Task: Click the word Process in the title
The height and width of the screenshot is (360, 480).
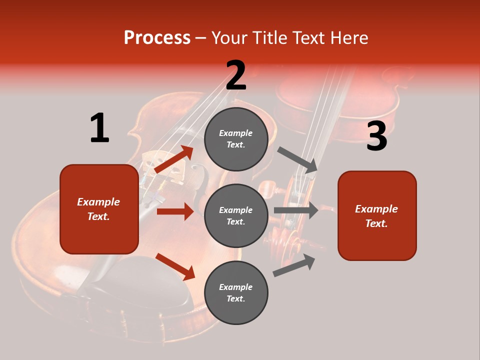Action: (x=157, y=38)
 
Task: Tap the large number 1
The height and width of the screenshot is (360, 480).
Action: (x=99, y=128)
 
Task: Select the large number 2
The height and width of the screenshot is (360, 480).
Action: (x=235, y=75)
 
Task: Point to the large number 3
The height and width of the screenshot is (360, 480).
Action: (x=376, y=136)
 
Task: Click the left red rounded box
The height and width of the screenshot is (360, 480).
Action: (x=99, y=209)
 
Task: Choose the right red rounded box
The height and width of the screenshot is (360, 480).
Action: (x=377, y=215)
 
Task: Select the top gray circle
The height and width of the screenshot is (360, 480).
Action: (x=236, y=139)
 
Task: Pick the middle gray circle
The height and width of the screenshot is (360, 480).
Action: (x=236, y=215)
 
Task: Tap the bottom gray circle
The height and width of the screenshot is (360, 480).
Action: (x=236, y=292)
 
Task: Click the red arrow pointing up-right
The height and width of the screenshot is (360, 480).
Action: (x=174, y=159)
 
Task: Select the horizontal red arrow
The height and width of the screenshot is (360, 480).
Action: (x=175, y=211)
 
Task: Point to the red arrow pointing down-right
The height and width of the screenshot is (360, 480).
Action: (x=175, y=266)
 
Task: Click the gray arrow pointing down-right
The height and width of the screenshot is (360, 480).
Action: (x=297, y=160)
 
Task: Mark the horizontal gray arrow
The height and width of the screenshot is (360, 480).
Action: (x=296, y=210)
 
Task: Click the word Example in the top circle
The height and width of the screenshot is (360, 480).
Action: (x=236, y=133)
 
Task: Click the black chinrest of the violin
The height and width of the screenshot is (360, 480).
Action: (x=145, y=285)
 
